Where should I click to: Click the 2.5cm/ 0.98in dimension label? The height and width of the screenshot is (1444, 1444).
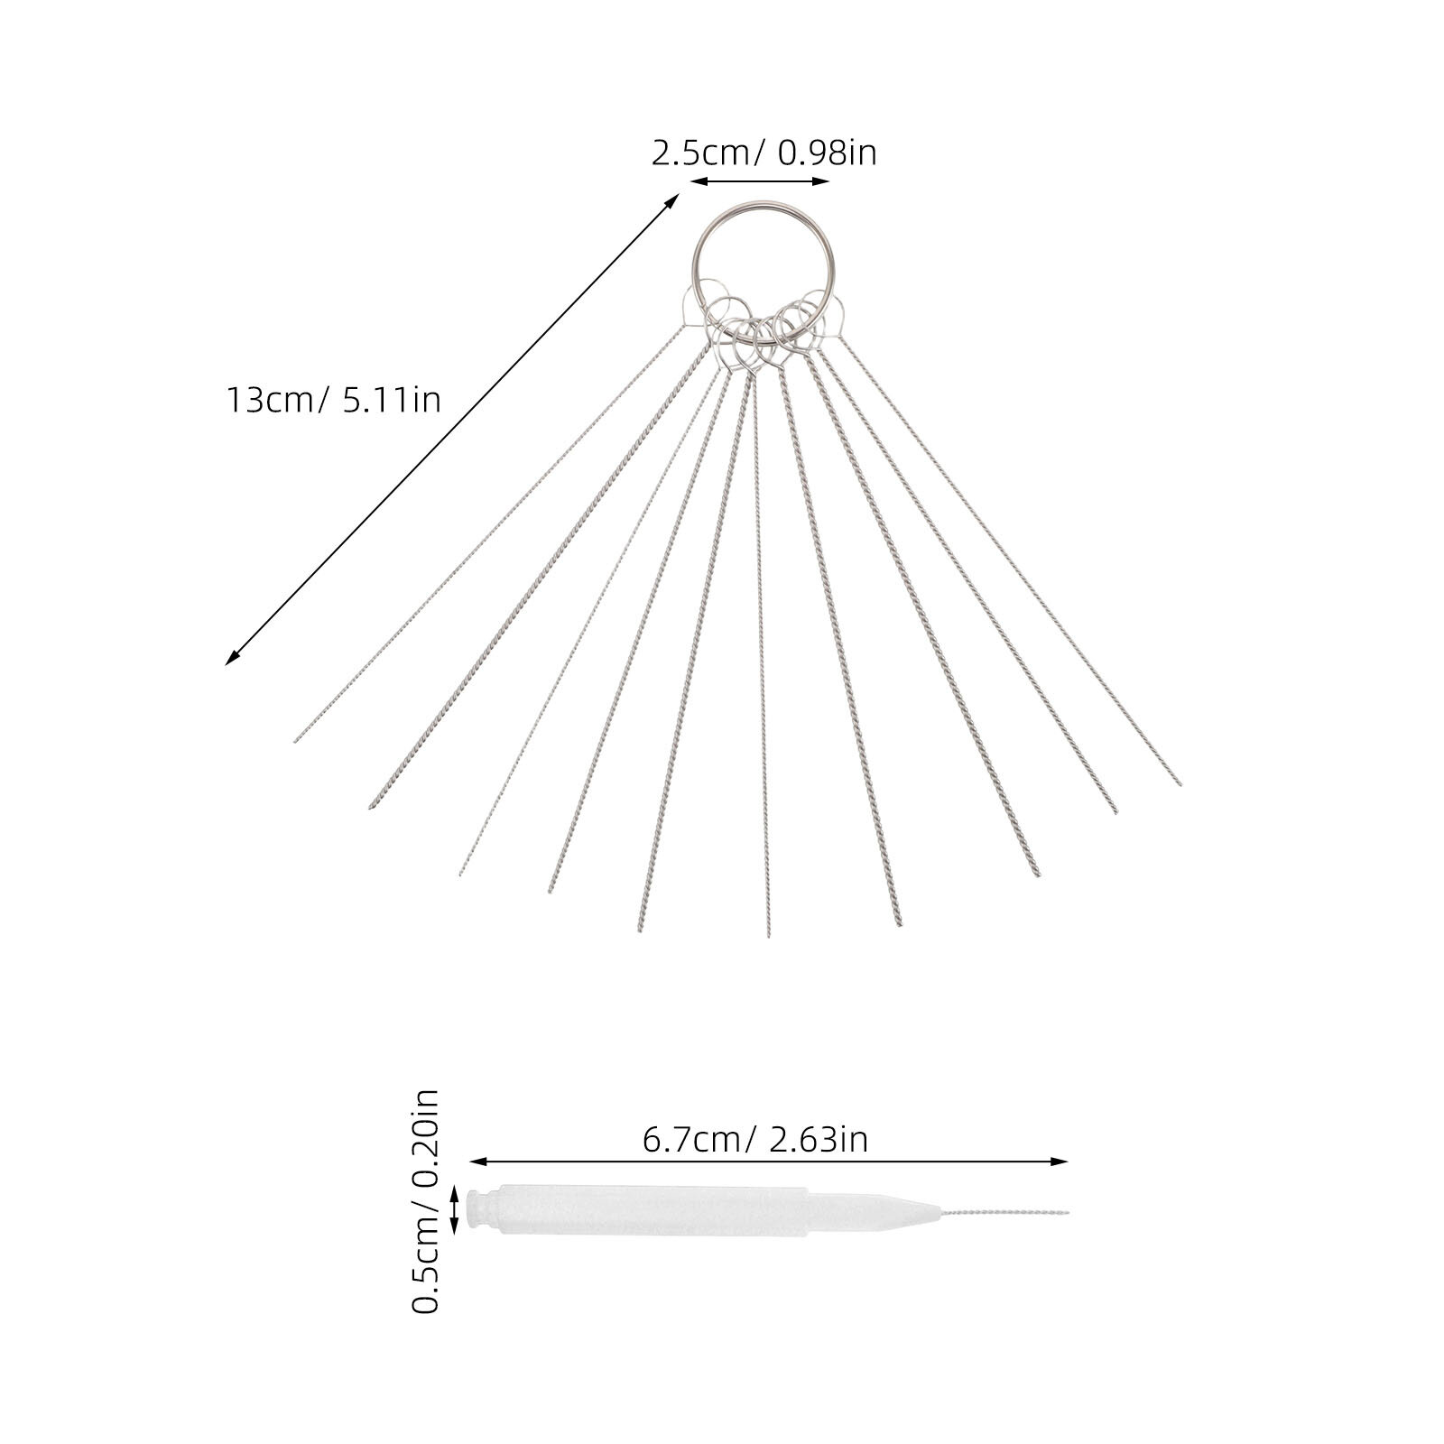click(764, 153)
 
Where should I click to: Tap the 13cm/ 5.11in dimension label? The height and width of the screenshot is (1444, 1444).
click(333, 398)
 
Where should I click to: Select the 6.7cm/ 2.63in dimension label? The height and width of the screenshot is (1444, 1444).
click(754, 1139)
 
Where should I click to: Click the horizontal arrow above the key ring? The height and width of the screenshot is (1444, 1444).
click(760, 181)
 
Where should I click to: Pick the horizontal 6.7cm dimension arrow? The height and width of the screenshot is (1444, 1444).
click(769, 1162)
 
